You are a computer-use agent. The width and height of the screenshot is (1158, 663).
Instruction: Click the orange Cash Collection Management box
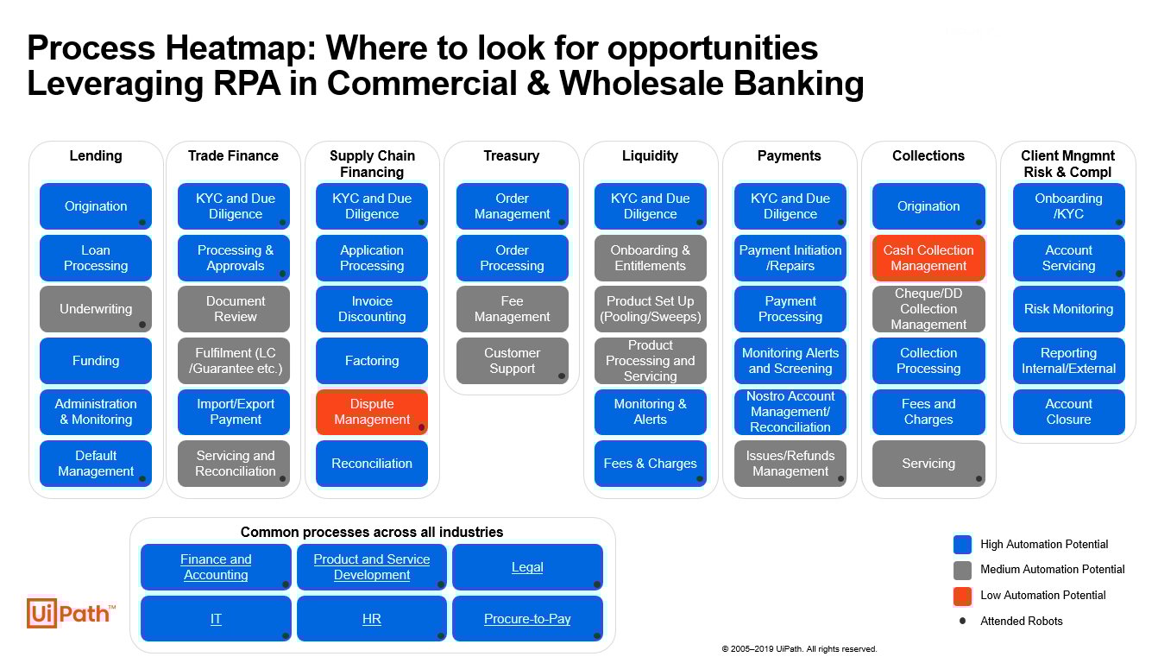click(x=928, y=257)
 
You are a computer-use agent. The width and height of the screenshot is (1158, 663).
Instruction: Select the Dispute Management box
click(x=372, y=412)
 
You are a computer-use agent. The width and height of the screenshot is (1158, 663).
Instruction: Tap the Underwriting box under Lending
click(x=96, y=309)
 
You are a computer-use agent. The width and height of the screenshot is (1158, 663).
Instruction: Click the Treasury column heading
click(x=512, y=155)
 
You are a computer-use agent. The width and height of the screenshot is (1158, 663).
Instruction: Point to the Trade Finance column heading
click(x=233, y=155)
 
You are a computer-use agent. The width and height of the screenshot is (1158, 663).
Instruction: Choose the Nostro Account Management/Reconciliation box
click(x=790, y=412)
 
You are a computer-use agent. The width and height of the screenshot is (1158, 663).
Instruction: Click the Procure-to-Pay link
click(x=527, y=618)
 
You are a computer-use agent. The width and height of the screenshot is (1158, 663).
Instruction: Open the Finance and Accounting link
click(x=216, y=567)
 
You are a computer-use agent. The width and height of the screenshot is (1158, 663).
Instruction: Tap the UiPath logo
click(x=71, y=613)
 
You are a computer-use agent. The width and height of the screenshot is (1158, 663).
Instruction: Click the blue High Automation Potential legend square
click(x=962, y=545)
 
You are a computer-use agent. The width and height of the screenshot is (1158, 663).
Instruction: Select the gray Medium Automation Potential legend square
click(x=962, y=570)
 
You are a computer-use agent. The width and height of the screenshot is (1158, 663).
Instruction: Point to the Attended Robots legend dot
click(x=962, y=621)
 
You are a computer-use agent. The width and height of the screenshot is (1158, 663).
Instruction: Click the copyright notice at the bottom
click(x=799, y=649)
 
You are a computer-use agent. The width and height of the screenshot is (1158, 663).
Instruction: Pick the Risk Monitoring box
click(x=1068, y=309)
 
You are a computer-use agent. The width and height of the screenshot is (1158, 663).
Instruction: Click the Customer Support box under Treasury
click(x=512, y=361)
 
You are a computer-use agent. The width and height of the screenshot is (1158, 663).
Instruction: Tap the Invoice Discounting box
click(x=372, y=309)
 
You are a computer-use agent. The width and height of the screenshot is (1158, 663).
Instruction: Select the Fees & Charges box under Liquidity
click(x=651, y=464)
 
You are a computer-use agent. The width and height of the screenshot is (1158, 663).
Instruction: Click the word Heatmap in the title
click(x=239, y=48)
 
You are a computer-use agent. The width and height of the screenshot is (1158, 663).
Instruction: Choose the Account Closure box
click(x=1068, y=412)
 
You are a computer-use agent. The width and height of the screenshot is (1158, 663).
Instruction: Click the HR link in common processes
click(x=372, y=618)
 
